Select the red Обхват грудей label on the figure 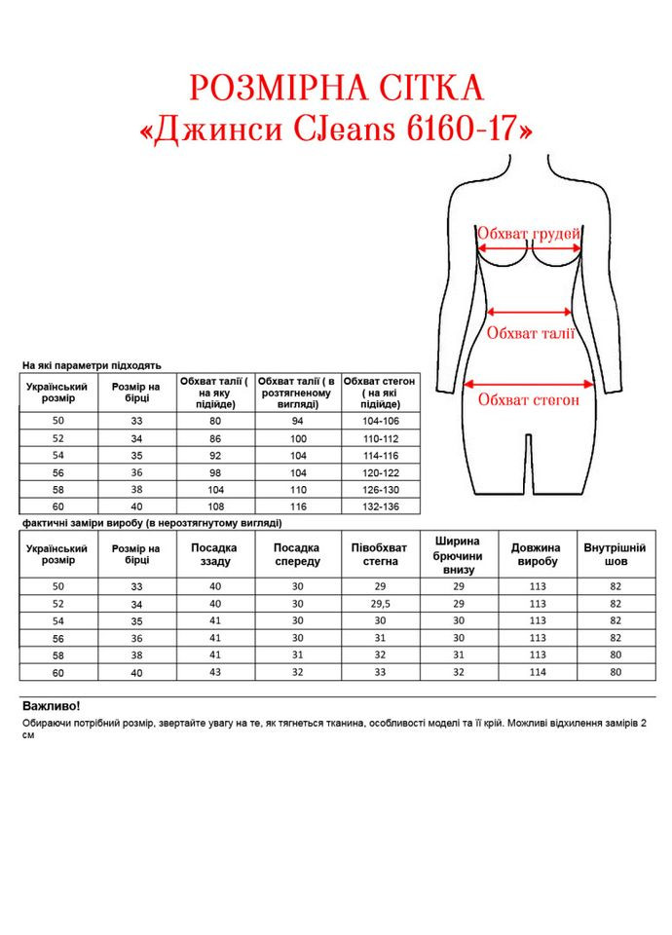(x=529, y=234)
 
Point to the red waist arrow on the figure (x=530, y=312)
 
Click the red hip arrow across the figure (x=529, y=382)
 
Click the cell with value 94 (x=298, y=421)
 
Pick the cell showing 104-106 (x=380, y=421)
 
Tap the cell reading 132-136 (x=380, y=506)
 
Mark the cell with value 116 (x=298, y=506)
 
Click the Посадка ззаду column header (x=214, y=554)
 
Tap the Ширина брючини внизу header (x=458, y=554)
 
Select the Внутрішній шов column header (x=615, y=554)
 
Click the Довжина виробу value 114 (x=536, y=672)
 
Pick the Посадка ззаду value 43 (x=214, y=672)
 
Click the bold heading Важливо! (x=51, y=705)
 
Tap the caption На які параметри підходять (x=92, y=365)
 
